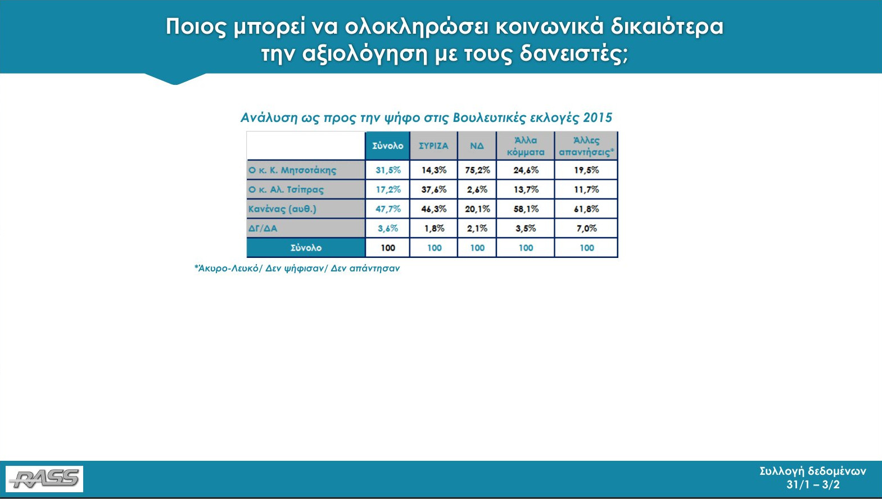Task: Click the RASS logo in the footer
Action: pos(44,479)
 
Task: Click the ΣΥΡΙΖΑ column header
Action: pos(433,146)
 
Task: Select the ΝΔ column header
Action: pos(477,146)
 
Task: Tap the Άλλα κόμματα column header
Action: pos(526,146)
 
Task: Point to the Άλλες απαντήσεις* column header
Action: pos(586,146)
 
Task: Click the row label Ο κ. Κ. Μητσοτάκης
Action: pos(292,170)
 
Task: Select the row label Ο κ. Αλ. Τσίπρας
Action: pos(286,190)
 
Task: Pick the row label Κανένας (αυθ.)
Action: pos(282,209)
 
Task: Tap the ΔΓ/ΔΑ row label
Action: pos(263,228)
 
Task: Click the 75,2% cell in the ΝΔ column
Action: pos(477,170)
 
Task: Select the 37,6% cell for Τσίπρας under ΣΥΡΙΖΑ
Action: pos(434,189)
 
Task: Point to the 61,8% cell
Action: pos(586,208)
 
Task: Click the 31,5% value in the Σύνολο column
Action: pos(388,170)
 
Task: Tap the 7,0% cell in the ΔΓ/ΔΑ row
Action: pos(586,228)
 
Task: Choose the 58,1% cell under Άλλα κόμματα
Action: pos(526,208)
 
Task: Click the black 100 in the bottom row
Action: pos(388,247)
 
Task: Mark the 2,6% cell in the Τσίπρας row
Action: pos(477,189)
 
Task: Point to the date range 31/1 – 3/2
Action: pos(813,484)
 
